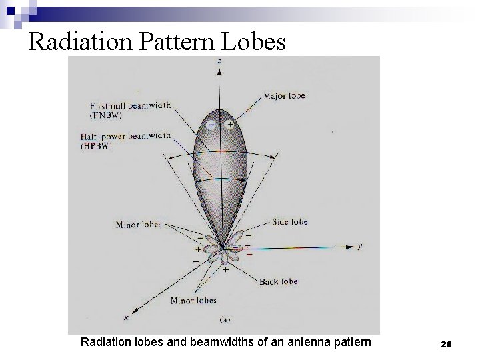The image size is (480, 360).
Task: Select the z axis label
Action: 219,61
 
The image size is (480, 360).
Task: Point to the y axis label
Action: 359,246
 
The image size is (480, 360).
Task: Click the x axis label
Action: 126,317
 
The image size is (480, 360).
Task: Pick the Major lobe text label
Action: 285,96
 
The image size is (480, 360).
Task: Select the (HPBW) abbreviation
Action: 96,145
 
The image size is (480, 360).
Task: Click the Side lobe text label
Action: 290,221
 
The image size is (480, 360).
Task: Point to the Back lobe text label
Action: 279,282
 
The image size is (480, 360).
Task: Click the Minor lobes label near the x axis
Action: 193,301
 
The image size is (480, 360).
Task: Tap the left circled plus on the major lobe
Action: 211,125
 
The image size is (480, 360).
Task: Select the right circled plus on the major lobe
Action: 230,124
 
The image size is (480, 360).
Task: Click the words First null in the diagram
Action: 107,105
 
